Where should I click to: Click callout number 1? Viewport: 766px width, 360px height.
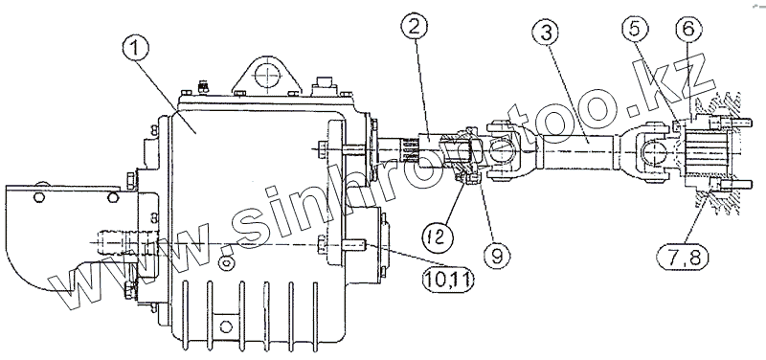pyautogui.click(x=137, y=50)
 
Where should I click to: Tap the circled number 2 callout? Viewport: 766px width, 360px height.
pyautogui.click(x=415, y=27)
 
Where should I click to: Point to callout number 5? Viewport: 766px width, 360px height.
pyautogui.click(x=634, y=29)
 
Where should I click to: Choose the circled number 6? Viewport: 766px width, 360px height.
pyautogui.click(x=687, y=30)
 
